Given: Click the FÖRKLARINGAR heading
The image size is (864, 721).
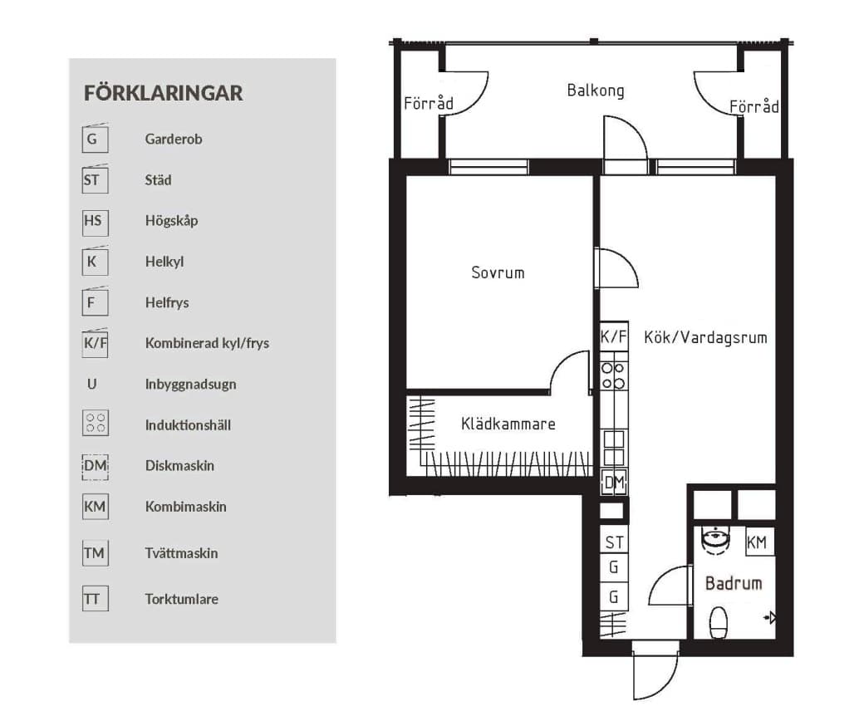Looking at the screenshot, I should (x=163, y=93).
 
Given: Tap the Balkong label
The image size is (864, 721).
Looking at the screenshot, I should (x=595, y=91).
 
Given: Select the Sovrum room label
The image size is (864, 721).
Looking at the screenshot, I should (x=498, y=272).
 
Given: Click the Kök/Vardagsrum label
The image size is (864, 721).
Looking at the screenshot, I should (x=704, y=338).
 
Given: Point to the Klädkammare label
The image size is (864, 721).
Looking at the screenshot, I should (x=508, y=424).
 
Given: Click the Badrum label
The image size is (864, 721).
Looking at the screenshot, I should (x=733, y=583).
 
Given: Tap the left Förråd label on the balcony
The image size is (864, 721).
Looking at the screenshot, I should (x=429, y=104).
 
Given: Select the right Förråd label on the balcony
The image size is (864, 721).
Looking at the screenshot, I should (x=754, y=107).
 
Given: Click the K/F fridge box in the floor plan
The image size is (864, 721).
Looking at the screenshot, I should (x=613, y=337).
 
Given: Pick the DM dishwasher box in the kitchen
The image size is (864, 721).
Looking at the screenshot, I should (x=613, y=483).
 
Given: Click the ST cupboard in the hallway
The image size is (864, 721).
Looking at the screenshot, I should (x=614, y=543).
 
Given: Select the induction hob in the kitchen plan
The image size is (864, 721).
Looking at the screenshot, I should (x=613, y=375).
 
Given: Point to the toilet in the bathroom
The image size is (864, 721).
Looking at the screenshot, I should (x=719, y=620).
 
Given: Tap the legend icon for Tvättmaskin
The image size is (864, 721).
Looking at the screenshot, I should (x=95, y=552).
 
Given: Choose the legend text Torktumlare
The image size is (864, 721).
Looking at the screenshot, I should (x=181, y=599).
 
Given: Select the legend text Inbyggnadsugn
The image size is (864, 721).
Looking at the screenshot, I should (x=190, y=385).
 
